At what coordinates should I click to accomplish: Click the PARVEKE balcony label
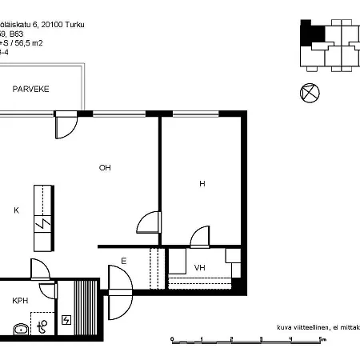[x=30, y=89]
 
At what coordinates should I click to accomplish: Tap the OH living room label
[x=105, y=168]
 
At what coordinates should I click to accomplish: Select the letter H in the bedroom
[x=202, y=184]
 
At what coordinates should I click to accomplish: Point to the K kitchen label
[x=16, y=211]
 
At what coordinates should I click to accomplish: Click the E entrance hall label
[x=123, y=261]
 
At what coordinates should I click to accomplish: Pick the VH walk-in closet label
[x=200, y=268]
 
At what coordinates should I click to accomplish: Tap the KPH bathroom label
[x=20, y=301]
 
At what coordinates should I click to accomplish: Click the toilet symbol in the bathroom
[x=42, y=326]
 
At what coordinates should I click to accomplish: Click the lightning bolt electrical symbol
[x=66, y=320]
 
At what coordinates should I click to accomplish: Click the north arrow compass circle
[x=309, y=93]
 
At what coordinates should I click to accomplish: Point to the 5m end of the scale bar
[x=322, y=340]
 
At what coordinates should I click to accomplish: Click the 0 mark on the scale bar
[x=173, y=340]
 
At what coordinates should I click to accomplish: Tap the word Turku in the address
[x=71, y=26]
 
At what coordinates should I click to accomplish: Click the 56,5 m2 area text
[x=46, y=44]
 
